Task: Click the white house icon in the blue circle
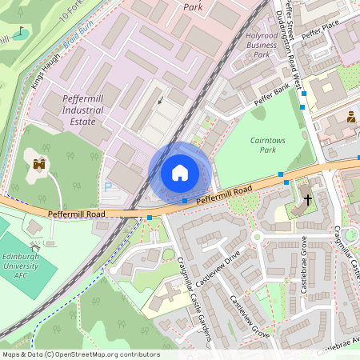pos(180,173)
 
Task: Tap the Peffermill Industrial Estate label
pos(78,110)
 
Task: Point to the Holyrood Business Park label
pos(262,45)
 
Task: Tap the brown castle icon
pos(38,165)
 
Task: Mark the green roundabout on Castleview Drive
pos(258,237)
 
